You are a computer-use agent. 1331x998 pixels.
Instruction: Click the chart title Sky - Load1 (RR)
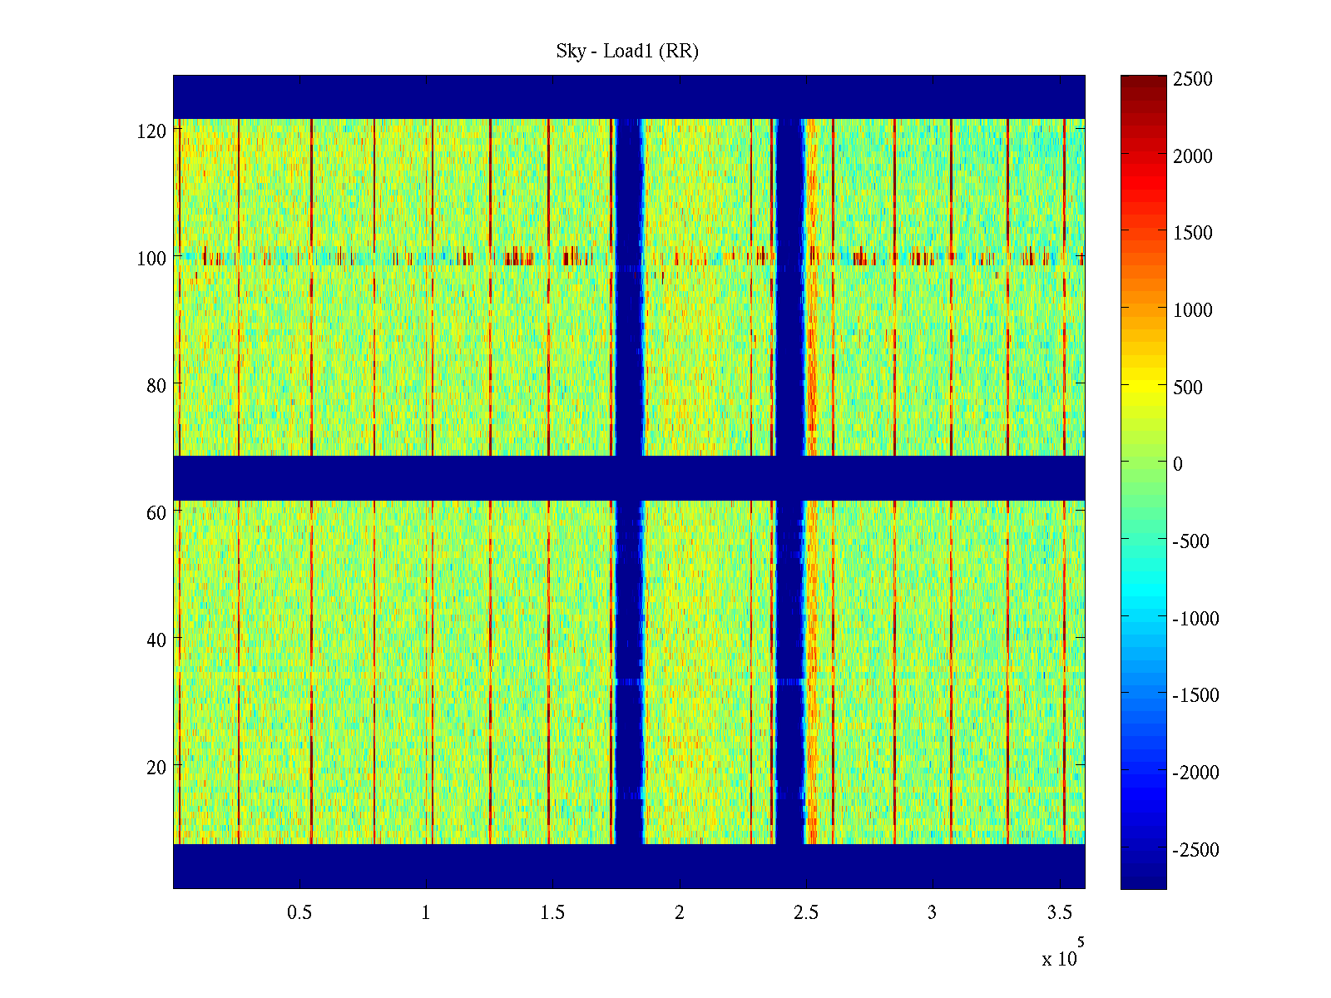(x=627, y=52)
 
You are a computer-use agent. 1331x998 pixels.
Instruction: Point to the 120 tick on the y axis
(x=151, y=131)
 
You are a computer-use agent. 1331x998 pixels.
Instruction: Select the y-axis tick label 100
(x=151, y=259)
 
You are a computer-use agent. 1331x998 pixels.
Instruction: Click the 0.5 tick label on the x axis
(x=299, y=913)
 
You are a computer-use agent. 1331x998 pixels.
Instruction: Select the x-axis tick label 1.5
(x=552, y=913)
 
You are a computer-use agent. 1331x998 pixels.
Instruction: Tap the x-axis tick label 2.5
(x=805, y=913)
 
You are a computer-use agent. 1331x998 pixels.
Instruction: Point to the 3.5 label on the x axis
(x=1059, y=913)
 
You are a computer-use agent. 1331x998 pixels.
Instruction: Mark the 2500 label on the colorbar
(x=1193, y=80)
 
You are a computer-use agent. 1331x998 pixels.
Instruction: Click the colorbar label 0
(x=1178, y=464)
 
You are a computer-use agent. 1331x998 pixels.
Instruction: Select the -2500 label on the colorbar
(x=1196, y=850)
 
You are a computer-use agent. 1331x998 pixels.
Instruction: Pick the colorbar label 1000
(x=1193, y=310)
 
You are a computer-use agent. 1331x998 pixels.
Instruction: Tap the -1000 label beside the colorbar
(x=1196, y=619)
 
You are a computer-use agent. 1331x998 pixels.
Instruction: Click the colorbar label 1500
(x=1193, y=233)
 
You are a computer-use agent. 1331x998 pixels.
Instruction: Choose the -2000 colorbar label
(x=1196, y=773)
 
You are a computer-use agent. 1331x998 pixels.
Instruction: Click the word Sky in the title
(x=570, y=52)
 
